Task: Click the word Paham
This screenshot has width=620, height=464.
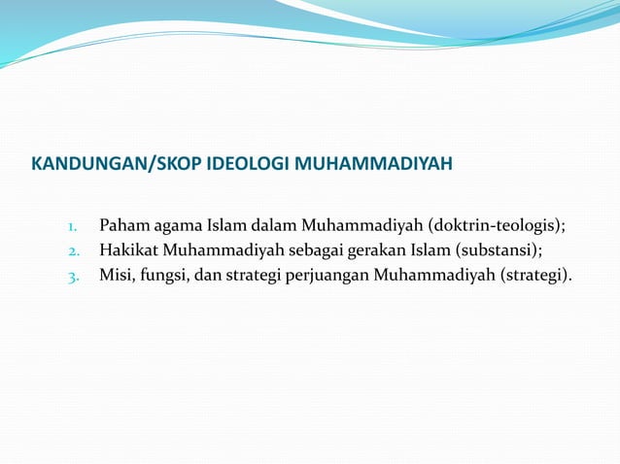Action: (122, 228)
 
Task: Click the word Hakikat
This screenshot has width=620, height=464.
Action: (128, 251)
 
